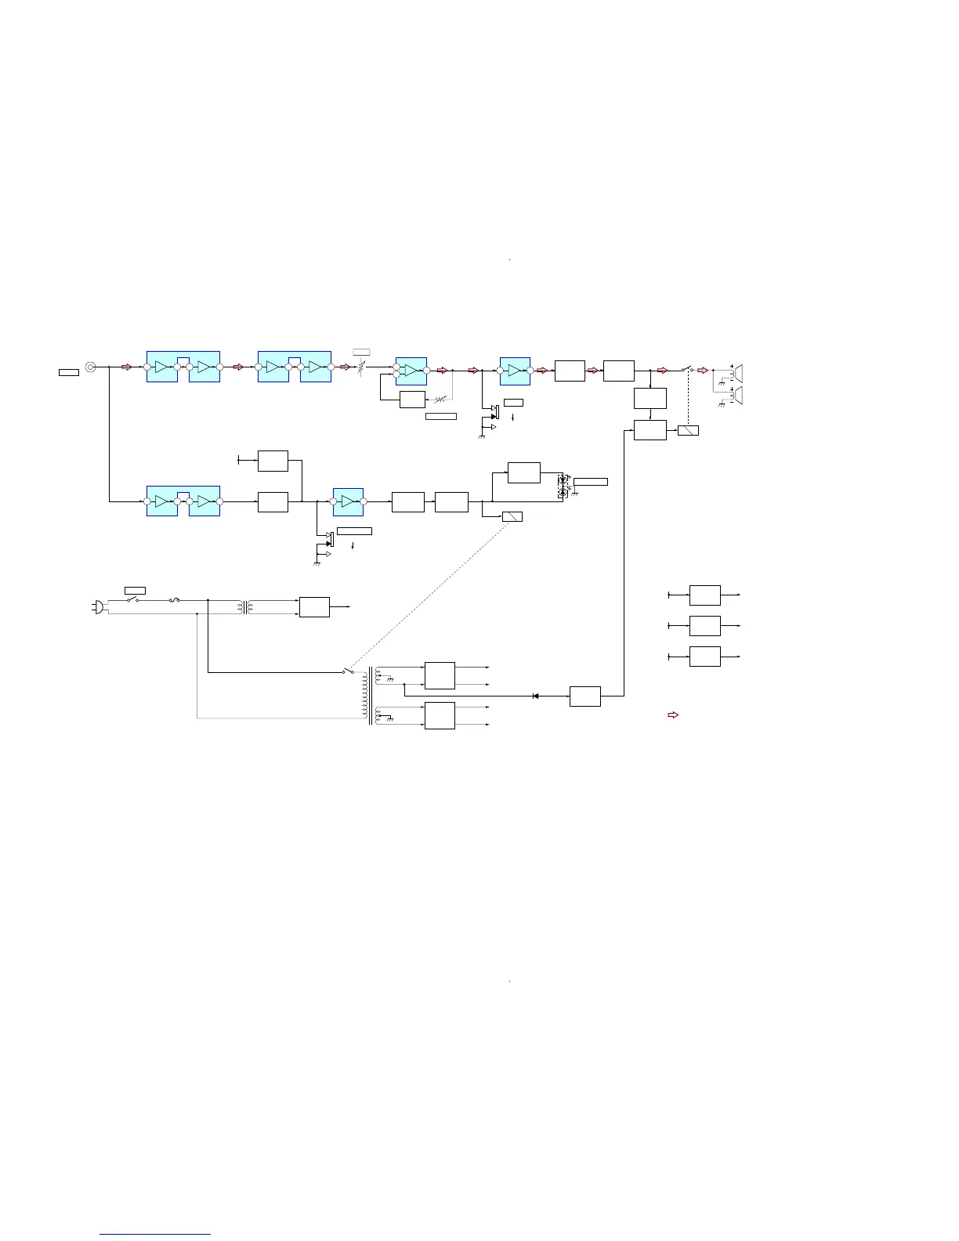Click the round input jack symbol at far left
click(91, 367)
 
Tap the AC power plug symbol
click(99, 606)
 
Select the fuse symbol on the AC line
click(175, 601)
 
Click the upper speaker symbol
click(736, 371)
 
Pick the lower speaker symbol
click(736, 396)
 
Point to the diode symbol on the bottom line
click(535, 696)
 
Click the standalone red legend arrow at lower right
click(672, 715)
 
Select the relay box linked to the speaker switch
click(688, 430)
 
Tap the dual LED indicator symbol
click(562, 486)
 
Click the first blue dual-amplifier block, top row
click(183, 367)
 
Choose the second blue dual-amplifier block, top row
click(295, 367)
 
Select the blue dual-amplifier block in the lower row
click(183, 501)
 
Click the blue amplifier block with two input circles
click(411, 371)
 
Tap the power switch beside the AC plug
click(132, 600)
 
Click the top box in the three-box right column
click(704, 595)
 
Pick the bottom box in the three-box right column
click(704, 657)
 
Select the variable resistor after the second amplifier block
click(361, 367)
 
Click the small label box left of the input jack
click(69, 371)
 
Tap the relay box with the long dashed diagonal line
click(512, 516)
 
